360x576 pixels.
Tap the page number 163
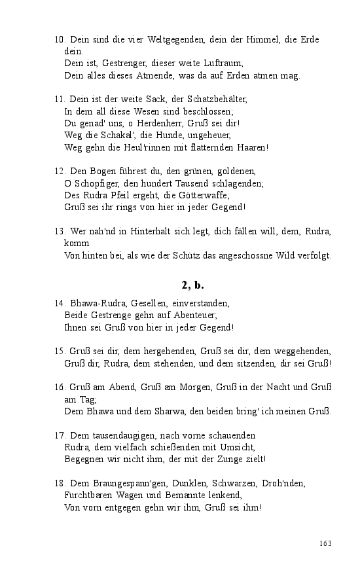coord(326,543)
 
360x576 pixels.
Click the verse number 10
coord(58,39)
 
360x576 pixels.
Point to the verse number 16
coord(58,387)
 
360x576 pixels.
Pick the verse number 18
coord(58,483)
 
